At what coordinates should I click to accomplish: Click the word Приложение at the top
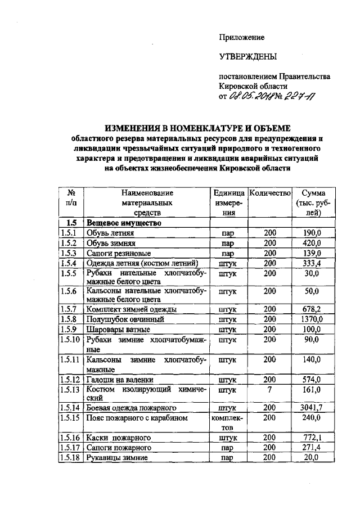pyautogui.click(x=241, y=37)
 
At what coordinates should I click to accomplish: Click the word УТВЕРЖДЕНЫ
pyautogui.click(x=247, y=57)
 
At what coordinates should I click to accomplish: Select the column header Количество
pyautogui.click(x=269, y=192)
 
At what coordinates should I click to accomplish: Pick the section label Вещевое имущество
pyautogui.click(x=124, y=223)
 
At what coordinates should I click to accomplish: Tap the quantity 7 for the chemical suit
pyautogui.click(x=269, y=389)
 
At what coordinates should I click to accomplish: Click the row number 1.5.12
pyautogui.click(x=70, y=379)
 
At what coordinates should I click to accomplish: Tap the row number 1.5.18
pyautogui.click(x=70, y=458)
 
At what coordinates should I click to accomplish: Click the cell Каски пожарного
pyautogui.click(x=118, y=437)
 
